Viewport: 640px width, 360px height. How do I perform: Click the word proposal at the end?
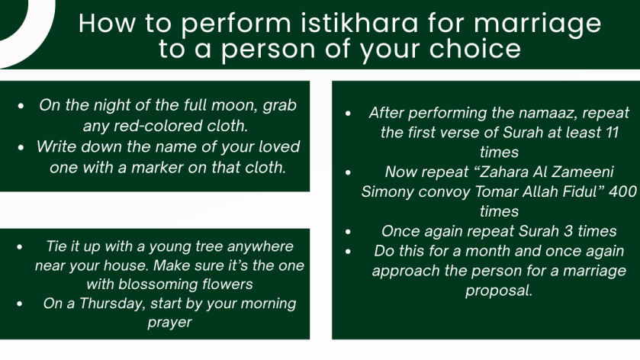coord(499,291)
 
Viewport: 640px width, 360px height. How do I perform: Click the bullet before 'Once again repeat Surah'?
coord(348,231)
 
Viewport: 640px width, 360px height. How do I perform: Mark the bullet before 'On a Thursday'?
coord(20,304)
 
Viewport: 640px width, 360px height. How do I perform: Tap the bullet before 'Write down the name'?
coord(21,147)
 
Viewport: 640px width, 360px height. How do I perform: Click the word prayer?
coord(169,323)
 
